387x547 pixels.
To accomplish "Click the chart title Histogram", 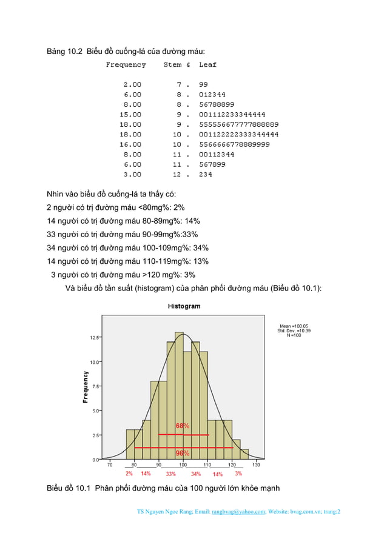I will point(184,306).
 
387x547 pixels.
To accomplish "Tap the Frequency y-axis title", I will point(86,387).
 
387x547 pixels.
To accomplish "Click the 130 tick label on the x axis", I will point(256,465).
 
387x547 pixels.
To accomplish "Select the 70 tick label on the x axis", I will point(110,465).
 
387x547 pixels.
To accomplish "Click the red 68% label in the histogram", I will point(183,426).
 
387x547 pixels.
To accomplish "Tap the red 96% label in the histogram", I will point(183,453).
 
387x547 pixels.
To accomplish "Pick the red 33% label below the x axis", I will point(171,474).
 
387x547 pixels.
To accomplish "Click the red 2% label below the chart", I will point(129,474).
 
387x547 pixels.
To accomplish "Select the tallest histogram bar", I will point(179,394).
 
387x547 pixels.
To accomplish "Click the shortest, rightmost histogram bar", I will point(244,454).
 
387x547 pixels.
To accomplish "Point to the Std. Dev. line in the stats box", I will point(294,331).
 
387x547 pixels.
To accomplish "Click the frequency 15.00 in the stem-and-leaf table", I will point(130,114).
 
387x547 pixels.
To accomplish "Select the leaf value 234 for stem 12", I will point(206,175).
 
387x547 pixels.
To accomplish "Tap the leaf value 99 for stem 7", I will point(203,84).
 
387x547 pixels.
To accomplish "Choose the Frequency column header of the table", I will point(126,64).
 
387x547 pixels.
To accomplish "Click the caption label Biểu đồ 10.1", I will point(70,489).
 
